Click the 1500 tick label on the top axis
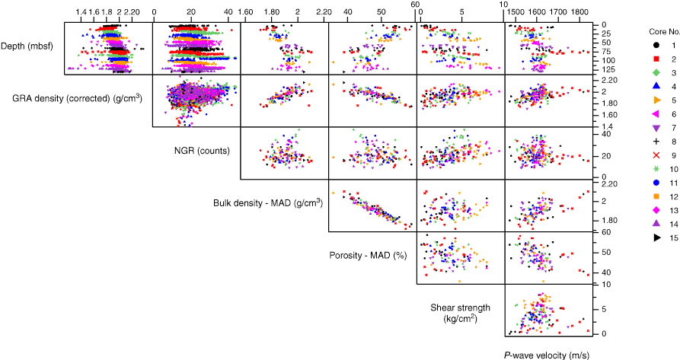click(515, 13)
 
